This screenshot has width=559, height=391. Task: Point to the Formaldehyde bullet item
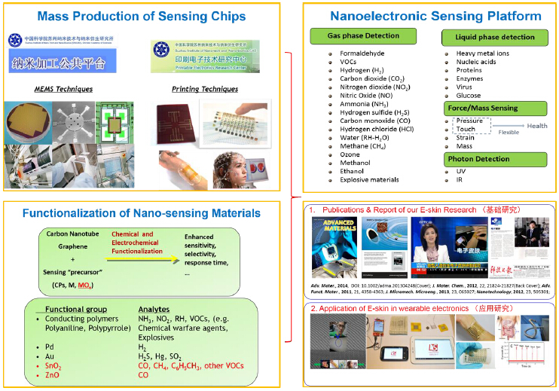361,53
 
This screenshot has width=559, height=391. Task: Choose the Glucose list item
469,96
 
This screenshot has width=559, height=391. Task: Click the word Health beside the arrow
537,126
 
